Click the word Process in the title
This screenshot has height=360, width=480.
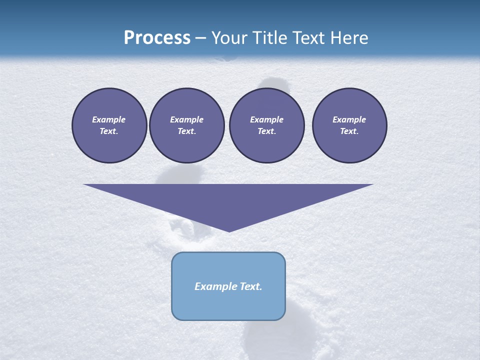tap(157, 38)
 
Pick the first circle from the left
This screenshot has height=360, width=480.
tap(109, 125)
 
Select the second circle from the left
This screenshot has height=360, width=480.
tap(186, 125)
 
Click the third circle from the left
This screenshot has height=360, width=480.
tap(266, 125)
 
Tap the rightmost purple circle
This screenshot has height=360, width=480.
tap(349, 125)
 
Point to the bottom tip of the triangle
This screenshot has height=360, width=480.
tap(229, 231)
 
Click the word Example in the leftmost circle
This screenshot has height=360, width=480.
tap(109, 119)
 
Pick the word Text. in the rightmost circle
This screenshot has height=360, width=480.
tap(349, 131)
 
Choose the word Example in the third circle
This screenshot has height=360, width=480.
tap(266, 119)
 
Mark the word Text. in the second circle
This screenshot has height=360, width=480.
tap(186, 131)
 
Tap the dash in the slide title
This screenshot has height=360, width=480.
tap(201, 38)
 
